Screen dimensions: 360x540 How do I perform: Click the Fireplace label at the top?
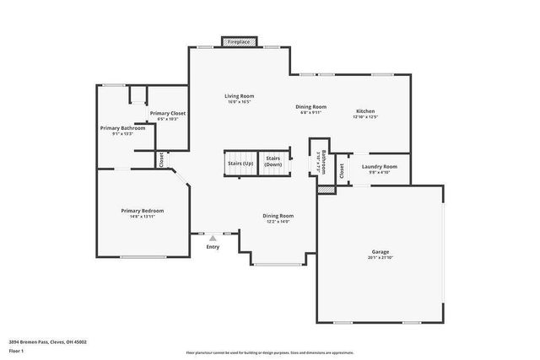[240, 41]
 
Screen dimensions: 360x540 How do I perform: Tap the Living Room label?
[239, 96]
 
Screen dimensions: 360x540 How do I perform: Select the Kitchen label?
[364, 111]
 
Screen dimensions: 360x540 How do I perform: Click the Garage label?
[381, 251]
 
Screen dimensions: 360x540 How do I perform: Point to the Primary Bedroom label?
[142, 211]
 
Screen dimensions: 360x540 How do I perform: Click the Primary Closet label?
[168, 113]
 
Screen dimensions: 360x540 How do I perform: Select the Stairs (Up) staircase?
[239, 164]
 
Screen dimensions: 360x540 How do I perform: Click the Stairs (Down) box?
[273, 163]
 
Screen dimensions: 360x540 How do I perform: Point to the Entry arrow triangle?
[213, 239]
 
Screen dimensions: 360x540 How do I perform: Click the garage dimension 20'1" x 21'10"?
[381, 257]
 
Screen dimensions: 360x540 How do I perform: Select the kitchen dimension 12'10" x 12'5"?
[364, 117]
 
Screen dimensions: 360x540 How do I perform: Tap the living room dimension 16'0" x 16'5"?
[239, 102]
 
